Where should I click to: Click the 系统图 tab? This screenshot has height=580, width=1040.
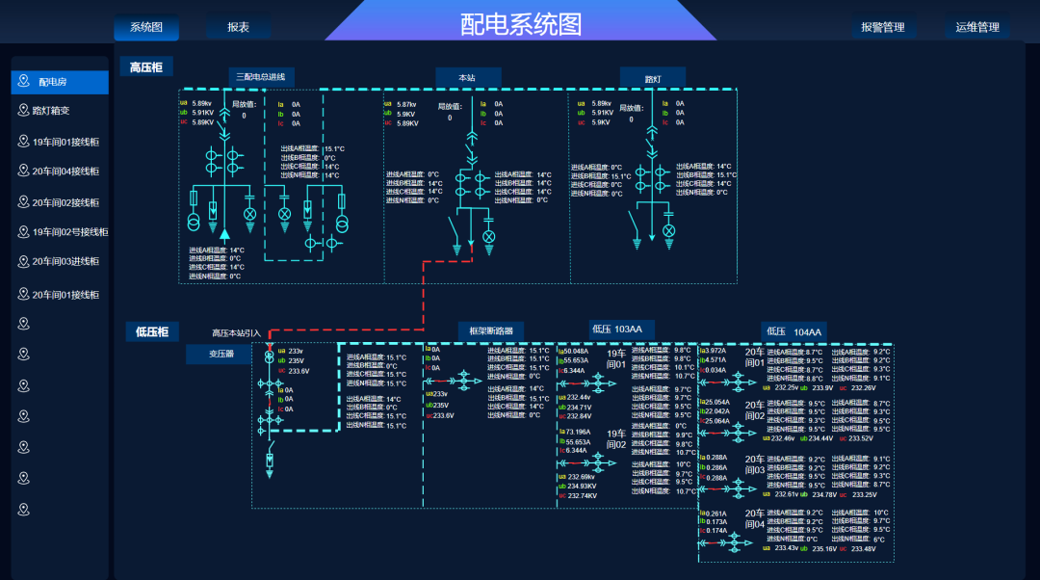pyautogui.click(x=146, y=28)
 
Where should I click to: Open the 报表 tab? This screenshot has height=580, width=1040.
pyautogui.click(x=238, y=28)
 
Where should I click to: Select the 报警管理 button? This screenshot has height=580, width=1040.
pyautogui.click(x=883, y=28)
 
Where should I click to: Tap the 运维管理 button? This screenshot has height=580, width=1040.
pyautogui.click(x=977, y=28)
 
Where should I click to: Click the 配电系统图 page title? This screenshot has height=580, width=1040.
pyautogui.click(x=521, y=24)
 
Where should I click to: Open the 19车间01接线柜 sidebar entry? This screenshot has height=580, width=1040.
pyautogui.click(x=60, y=143)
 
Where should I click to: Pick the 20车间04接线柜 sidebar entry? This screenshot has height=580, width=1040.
pyautogui.click(x=60, y=171)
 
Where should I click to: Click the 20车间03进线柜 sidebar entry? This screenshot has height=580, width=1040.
pyautogui.click(x=60, y=262)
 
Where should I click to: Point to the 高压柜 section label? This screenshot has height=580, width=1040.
pyautogui.click(x=146, y=66)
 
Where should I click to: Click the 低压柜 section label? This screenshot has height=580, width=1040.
pyautogui.click(x=151, y=332)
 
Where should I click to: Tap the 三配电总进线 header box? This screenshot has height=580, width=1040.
pyautogui.click(x=261, y=77)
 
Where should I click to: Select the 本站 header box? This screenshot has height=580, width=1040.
pyautogui.click(x=467, y=77)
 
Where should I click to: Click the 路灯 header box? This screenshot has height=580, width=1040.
pyautogui.click(x=652, y=78)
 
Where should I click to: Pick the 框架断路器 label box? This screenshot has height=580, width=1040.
pyautogui.click(x=491, y=331)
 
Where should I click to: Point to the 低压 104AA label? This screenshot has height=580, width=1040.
pyautogui.click(x=794, y=332)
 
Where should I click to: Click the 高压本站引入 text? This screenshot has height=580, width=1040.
pyautogui.click(x=236, y=333)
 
